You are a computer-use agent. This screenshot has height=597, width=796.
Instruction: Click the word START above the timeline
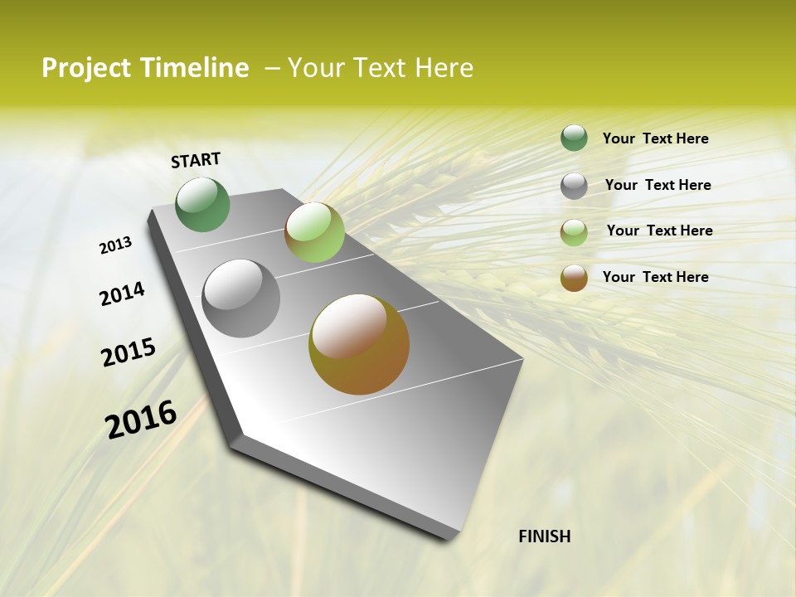(196, 160)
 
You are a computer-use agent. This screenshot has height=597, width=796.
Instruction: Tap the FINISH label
(544, 536)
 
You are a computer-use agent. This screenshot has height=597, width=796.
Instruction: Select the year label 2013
(115, 245)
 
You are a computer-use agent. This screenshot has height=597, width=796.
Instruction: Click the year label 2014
(122, 294)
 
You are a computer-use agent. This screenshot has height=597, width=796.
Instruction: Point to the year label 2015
(129, 352)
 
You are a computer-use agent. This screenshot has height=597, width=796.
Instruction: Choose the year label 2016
(141, 420)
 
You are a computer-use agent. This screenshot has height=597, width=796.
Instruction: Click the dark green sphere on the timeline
(203, 204)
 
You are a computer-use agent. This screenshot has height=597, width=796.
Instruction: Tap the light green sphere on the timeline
(314, 232)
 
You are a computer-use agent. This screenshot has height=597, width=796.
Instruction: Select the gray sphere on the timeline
(241, 298)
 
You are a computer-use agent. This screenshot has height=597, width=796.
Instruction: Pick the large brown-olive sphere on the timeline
(359, 344)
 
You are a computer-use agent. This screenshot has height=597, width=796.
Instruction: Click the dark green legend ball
(574, 138)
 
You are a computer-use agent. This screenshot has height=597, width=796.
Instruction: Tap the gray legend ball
(574, 186)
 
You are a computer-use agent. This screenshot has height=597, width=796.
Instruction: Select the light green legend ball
(574, 232)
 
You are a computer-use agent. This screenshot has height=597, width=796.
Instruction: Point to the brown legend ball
(574, 278)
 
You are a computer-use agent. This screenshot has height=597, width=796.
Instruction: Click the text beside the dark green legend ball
(655, 138)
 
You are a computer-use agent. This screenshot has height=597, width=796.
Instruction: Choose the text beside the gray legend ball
(658, 185)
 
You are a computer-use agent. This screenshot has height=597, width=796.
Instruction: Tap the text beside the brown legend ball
(655, 277)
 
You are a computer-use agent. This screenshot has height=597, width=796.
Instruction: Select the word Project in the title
(86, 68)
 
